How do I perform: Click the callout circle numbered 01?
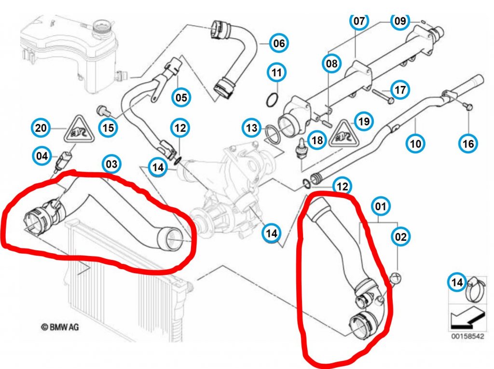tap(380, 207)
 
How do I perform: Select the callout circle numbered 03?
tap(111, 164)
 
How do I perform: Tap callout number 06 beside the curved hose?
tap(279, 43)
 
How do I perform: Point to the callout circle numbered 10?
tap(416, 143)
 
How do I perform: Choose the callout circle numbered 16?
tap(468, 143)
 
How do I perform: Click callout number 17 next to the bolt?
tap(400, 90)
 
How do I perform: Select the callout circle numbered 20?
tap(41, 128)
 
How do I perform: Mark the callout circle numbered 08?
tap(331, 63)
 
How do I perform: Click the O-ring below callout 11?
tap(273, 100)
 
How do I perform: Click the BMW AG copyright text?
tap(60, 327)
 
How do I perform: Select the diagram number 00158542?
tap(467, 336)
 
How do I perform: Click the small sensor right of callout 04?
tap(64, 160)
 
